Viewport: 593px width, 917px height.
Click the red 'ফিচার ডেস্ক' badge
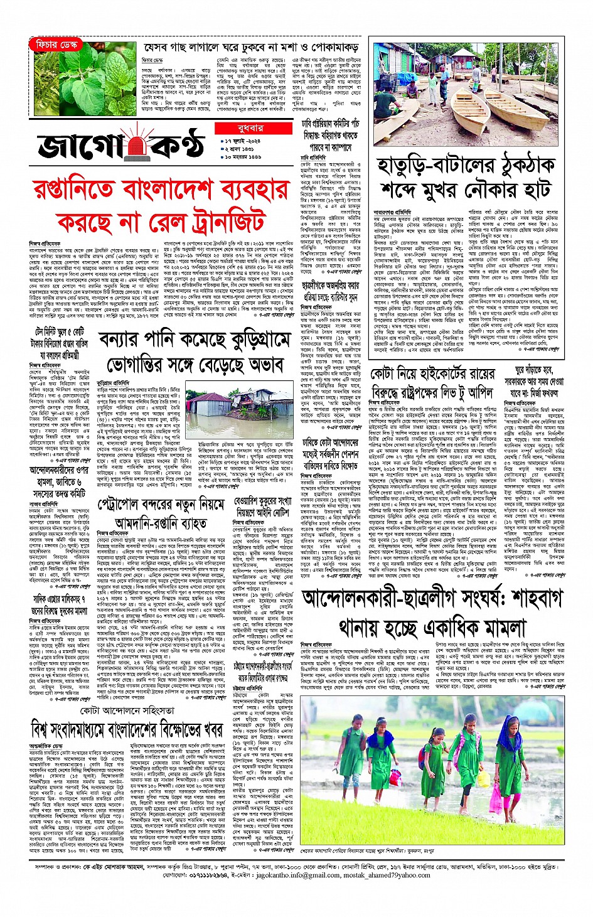pyautogui.click(x=56, y=45)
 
